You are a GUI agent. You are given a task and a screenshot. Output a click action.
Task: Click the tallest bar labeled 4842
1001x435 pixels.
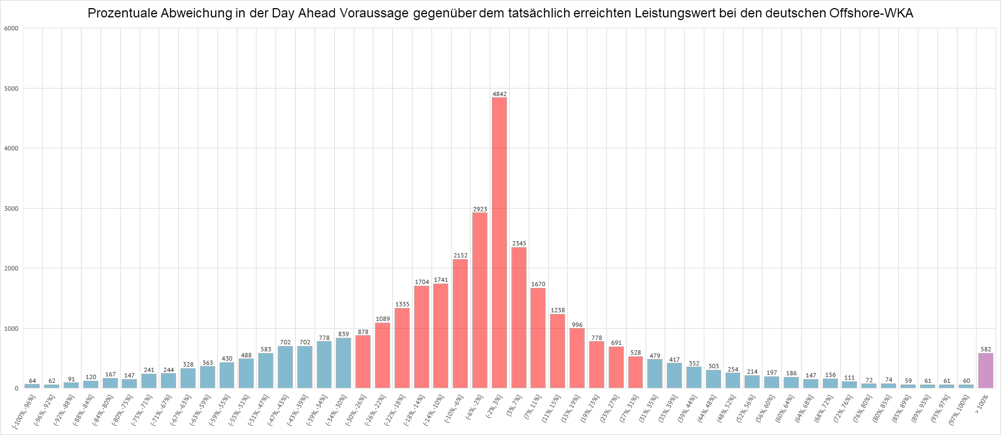point(499,243)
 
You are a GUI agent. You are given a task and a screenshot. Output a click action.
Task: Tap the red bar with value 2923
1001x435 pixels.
point(479,300)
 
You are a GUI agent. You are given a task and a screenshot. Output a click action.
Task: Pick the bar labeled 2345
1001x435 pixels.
point(518,317)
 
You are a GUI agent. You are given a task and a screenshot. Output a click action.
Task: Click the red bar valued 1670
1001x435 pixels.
point(538,338)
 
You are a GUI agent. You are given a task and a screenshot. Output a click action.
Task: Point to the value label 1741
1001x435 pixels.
point(441,280)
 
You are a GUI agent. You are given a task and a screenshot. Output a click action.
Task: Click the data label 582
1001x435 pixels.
point(986,349)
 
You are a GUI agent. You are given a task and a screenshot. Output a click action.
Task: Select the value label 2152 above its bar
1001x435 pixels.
point(460,255)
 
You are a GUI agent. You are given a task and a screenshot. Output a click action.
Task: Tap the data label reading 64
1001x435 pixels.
point(32,381)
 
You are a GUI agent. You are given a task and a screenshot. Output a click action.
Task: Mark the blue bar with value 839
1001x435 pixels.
point(343,363)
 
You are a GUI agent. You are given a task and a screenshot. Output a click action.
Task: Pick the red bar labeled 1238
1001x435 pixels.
point(558,351)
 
